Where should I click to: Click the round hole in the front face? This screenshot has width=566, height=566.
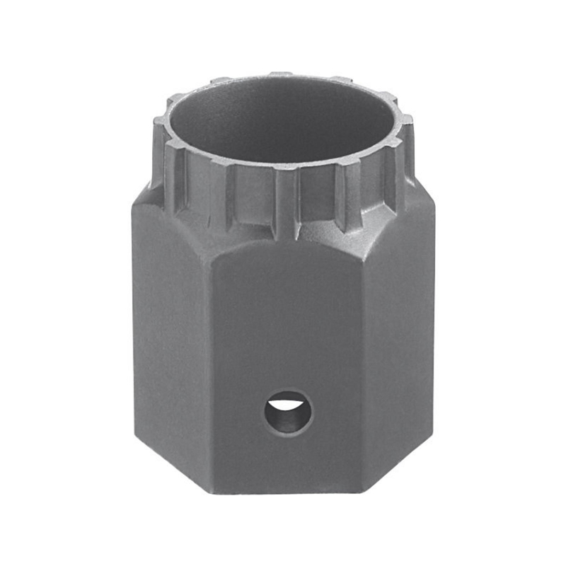[288, 411]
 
